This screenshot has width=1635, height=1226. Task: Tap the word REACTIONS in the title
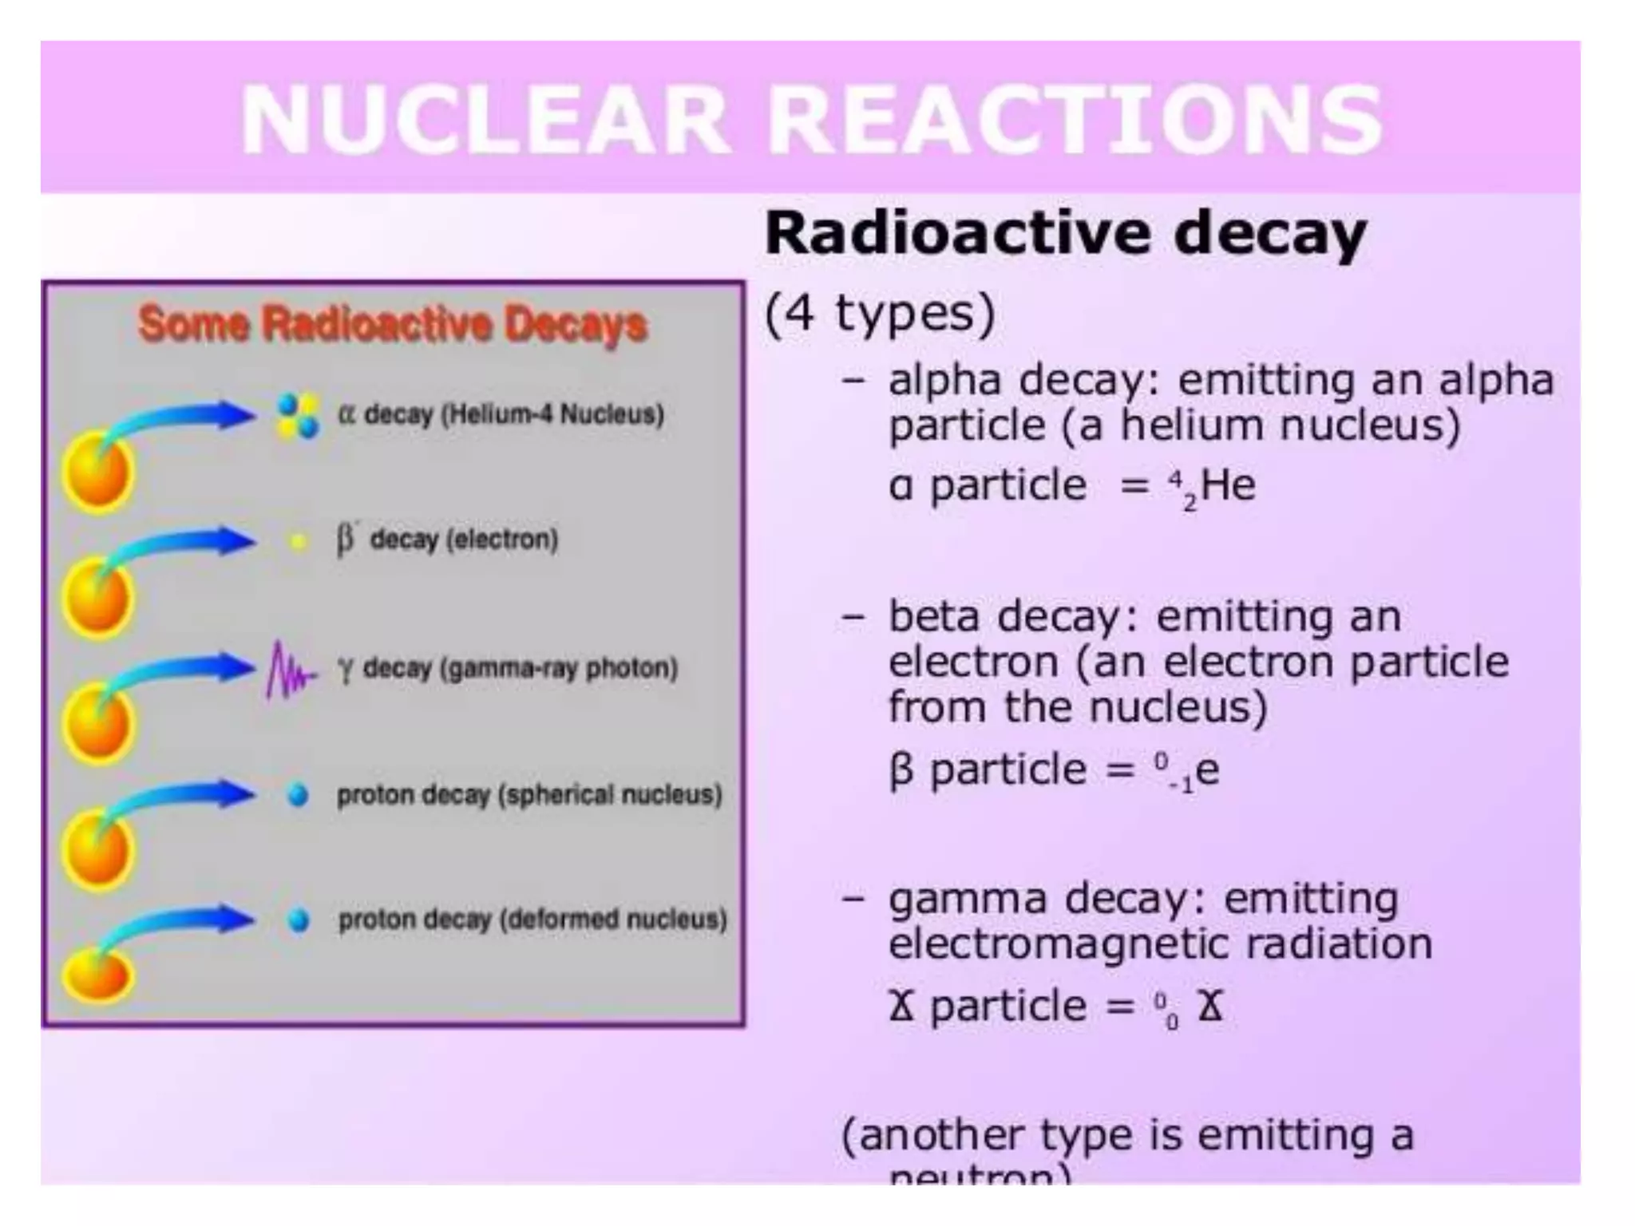click(1074, 121)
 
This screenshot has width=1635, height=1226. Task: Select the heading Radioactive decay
click(1066, 233)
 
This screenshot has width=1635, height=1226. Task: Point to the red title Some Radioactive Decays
click(393, 325)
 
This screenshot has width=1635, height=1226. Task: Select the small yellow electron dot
click(298, 542)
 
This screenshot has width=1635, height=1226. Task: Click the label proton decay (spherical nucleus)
click(529, 795)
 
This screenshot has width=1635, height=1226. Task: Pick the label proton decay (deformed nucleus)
click(532, 919)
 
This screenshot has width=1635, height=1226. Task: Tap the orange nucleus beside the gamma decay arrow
click(97, 724)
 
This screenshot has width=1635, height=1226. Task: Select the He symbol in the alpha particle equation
click(1228, 485)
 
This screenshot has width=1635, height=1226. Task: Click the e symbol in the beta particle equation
click(1208, 770)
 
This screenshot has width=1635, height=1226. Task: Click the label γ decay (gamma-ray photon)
click(508, 668)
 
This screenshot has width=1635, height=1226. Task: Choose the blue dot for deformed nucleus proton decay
click(299, 920)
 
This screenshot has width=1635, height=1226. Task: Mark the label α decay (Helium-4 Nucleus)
click(501, 415)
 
